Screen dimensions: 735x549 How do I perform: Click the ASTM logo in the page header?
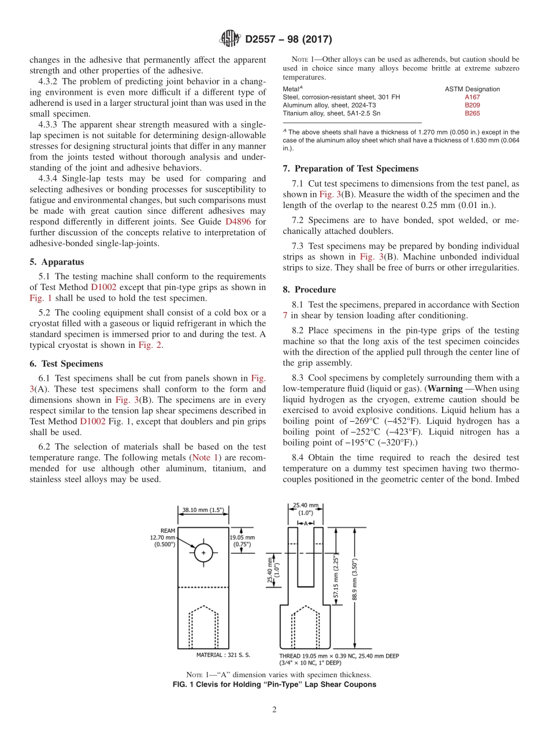[x=230, y=39]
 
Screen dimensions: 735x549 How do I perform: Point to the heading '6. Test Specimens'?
[x=66, y=363]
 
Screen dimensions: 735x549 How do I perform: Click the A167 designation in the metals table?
[x=472, y=97]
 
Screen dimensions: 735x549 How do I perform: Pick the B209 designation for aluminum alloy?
[x=472, y=105]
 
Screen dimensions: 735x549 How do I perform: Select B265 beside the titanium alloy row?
[x=472, y=113]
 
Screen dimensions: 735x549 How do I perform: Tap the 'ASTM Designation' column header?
[x=472, y=89]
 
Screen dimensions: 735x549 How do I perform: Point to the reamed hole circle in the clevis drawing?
[x=203, y=553]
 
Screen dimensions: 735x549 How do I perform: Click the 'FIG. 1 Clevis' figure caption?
[x=274, y=685]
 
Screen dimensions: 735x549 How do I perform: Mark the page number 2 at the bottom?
[x=274, y=710]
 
